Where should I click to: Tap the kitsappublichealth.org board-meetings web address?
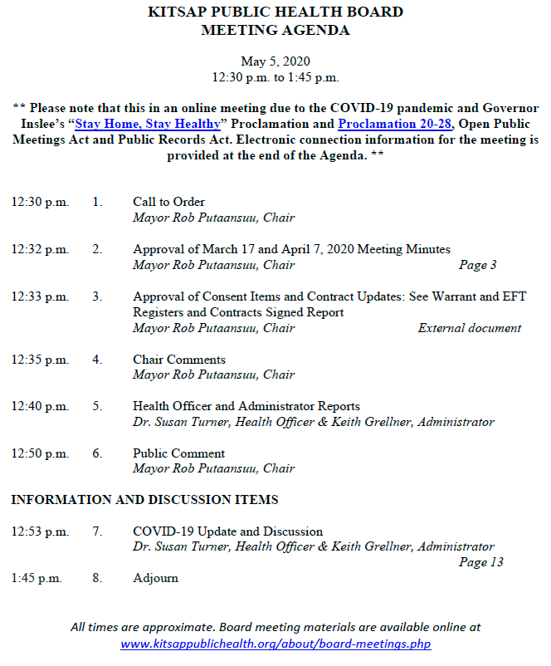(x=275, y=644)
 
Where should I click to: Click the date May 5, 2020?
(x=275, y=61)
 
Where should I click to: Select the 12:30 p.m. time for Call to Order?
(x=40, y=202)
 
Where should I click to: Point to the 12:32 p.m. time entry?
(x=40, y=249)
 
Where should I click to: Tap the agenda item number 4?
(x=97, y=360)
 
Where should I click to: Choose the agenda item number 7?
(x=97, y=531)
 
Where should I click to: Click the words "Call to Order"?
(x=168, y=202)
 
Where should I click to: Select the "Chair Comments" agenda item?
(x=179, y=360)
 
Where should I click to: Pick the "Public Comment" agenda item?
(x=179, y=453)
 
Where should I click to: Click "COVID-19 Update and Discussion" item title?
(x=227, y=531)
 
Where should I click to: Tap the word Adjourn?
(x=155, y=578)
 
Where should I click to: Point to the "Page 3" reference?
(x=478, y=266)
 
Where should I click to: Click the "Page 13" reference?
(x=481, y=562)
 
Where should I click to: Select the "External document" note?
(x=470, y=328)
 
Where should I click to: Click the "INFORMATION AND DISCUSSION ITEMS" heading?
(x=145, y=500)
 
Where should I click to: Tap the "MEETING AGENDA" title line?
(x=275, y=31)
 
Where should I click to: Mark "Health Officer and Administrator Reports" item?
(x=246, y=406)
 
